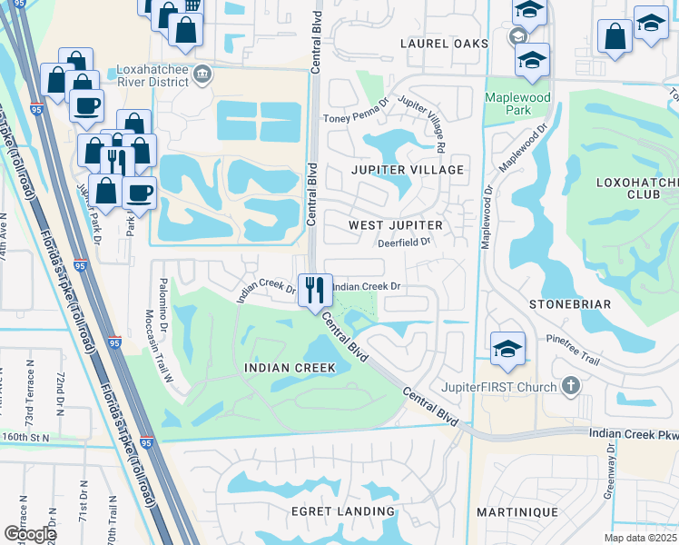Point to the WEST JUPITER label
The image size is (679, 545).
(396, 224)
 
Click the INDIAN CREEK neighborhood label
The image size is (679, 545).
(290, 368)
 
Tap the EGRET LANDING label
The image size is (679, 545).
(342, 511)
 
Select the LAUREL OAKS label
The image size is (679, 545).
(445, 44)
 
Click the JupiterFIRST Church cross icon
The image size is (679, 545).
(570, 387)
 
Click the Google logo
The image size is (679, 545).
(29, 534)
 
